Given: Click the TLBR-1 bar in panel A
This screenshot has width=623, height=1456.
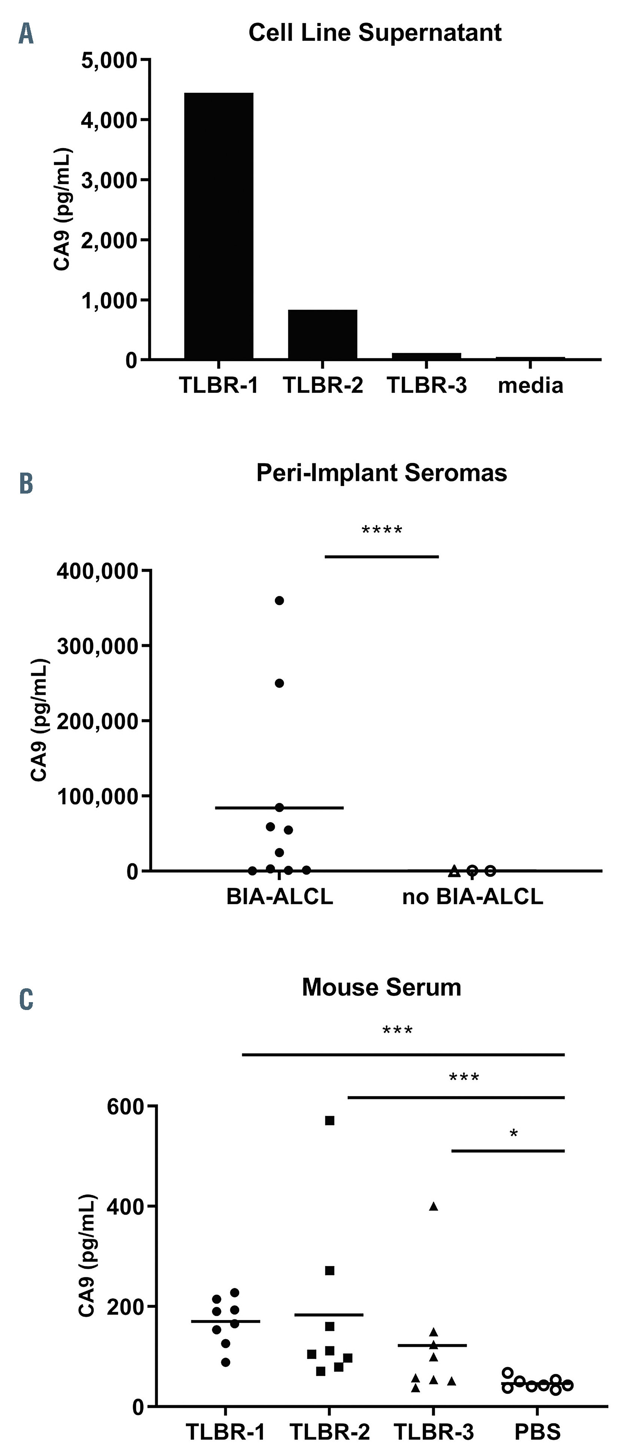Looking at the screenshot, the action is (219, 226).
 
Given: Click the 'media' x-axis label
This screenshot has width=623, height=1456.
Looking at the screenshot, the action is (531, 386).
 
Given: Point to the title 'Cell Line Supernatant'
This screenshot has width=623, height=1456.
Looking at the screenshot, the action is (375, 33).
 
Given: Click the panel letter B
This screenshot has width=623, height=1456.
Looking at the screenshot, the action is (26, 484).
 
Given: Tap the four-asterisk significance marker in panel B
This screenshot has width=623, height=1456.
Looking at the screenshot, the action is (382, 531).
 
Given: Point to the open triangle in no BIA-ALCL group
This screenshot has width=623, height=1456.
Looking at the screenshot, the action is (453, 871).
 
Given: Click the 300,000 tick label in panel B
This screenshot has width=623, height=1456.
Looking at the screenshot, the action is (98, 646).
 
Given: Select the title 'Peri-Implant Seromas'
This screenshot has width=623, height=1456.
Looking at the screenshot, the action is (382, 473).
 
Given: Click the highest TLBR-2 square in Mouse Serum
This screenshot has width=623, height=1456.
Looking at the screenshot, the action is (330, 1120).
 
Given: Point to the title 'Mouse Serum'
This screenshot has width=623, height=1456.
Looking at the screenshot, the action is (382, 987).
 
